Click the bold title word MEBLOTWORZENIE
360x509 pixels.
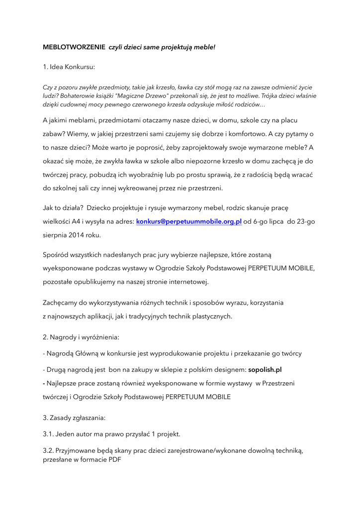pyautogui.click(x=74, y=47)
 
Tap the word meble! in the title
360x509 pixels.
pyautogui.click(x=204, y=47)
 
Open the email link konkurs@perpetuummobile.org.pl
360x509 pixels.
pyautogui.click(x=189, y=222)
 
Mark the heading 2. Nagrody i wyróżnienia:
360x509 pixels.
pyautogui.click(x=81, y=337)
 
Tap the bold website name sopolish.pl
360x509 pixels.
pyautogui.click(x=265, y=370)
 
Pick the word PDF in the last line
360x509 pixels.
pyautogui.click(x=114, y=460)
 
